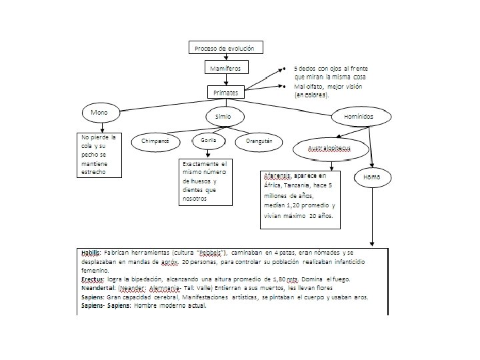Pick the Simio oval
point(223,116)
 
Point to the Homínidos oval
point(359,116)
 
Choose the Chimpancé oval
point(155,141)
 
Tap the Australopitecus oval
point(329,147)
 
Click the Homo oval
point(372,177)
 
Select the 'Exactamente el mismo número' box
point(205,181)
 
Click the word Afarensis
point(277,176)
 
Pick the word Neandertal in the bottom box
point(96,287)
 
